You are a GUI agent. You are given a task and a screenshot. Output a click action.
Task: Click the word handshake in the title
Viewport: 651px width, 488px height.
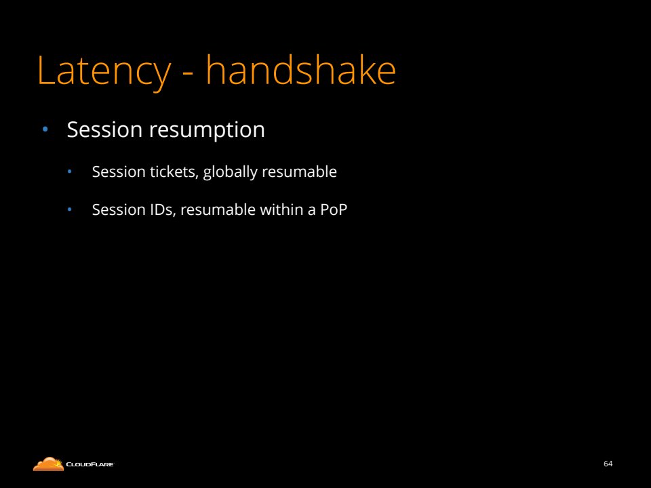click(301, 70)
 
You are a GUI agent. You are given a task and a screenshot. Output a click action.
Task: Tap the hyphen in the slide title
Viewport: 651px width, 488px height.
click(188, 74)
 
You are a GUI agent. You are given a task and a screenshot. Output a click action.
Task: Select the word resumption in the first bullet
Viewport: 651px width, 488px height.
click(207, 130)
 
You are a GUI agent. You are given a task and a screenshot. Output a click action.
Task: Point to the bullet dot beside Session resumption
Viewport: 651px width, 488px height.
click(45, 129)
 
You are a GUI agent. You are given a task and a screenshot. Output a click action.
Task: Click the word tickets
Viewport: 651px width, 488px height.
click(174, 171)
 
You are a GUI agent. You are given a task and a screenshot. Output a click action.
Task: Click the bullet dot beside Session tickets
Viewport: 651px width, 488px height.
click(70, 171)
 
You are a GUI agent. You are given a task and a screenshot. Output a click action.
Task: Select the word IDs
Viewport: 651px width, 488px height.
click(163, 210)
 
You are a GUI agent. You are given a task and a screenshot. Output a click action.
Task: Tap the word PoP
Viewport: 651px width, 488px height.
click(334, 209)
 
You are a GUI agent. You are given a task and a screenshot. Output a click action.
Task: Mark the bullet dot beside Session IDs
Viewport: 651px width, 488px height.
click(70, 209)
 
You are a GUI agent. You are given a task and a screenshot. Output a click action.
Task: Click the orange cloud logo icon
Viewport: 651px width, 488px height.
click(48, 464)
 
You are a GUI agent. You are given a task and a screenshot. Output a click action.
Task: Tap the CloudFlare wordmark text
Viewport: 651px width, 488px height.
click(90, 464)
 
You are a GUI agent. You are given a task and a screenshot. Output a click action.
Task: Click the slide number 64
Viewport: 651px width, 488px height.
click(608, 464)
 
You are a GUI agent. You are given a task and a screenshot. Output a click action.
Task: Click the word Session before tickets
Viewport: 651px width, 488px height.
click(119, 171)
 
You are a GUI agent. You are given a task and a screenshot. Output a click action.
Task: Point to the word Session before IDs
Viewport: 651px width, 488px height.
click(119, 210)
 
